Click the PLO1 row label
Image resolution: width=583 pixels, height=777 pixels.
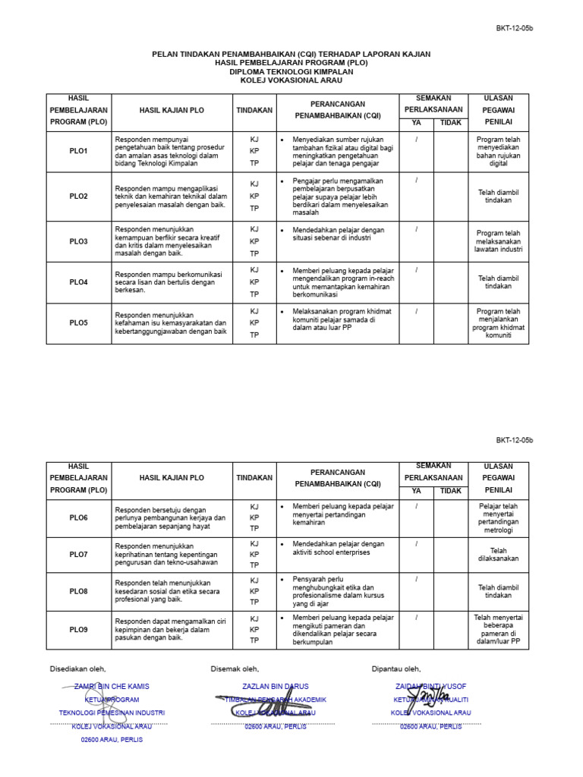point(78,151)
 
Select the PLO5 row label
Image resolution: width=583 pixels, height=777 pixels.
point(78,322)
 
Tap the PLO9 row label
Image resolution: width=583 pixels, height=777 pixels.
point(78,630)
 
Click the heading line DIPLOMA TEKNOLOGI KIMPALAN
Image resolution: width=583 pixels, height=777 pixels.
point(291,71)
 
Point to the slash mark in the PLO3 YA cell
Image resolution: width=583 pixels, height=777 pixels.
point(416,228)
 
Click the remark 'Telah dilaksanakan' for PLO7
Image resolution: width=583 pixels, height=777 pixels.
point(498,554)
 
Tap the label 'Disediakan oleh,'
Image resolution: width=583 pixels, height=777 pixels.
point(78,668)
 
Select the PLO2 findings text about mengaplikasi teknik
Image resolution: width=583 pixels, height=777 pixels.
point(171,196)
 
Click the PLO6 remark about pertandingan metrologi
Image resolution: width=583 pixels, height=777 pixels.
point(498,517)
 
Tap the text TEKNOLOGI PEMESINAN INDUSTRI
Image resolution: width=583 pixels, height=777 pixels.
point(112,713)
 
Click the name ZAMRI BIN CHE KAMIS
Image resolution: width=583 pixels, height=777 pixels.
point(112,686)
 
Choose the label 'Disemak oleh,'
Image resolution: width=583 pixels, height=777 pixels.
point(235,668)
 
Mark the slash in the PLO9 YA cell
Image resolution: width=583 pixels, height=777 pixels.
point(416,618)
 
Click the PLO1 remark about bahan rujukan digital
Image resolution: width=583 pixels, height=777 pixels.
point(498,151)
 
